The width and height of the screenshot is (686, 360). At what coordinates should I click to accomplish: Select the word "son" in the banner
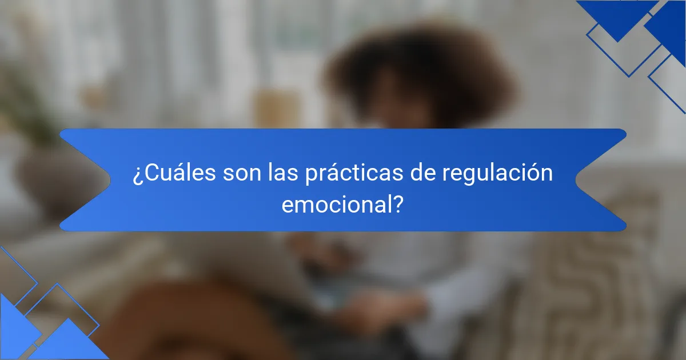(x=242, y=174)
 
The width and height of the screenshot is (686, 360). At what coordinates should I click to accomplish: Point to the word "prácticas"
(x=354, y=173)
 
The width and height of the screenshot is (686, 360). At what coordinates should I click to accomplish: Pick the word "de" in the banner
(x=423, y=173)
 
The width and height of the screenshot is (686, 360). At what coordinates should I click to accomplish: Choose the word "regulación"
(x=497, y=173)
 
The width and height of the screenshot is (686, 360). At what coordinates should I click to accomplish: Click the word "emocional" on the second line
(x=336, y=205)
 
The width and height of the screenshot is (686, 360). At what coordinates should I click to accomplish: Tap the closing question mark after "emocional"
(x=397, y=205)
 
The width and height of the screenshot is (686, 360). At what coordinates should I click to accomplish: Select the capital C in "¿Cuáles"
(x=151, y=173)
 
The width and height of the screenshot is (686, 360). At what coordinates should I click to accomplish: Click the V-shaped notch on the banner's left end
(x=110, y=180)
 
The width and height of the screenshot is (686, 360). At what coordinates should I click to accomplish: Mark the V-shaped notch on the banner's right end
(x=576, y=180)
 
